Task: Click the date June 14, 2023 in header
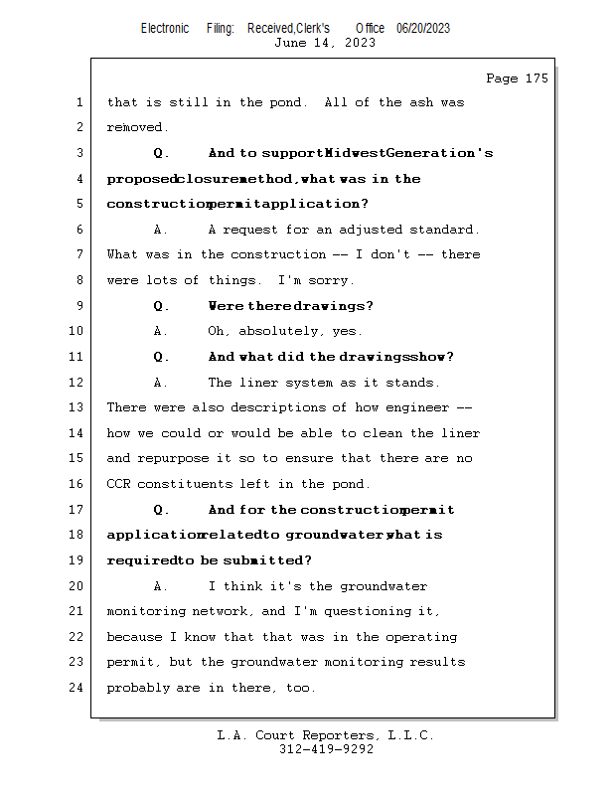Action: [x=325, y=43]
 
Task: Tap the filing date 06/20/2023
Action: [x=423, y=29]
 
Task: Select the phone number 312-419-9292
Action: [x=326, y=750]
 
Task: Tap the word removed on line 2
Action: [x=137, y=128]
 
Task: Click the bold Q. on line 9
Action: [x=162, y=306]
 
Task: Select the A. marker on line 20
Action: [x=162, y=586]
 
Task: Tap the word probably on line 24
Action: [x=137, y=688]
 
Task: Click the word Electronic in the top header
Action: [x=165, y=29]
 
